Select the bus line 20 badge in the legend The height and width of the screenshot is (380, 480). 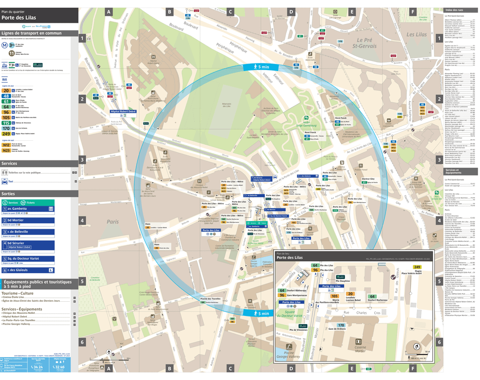click(x=6, y=90)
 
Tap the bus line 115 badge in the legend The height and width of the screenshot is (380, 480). click(x=6, y=123)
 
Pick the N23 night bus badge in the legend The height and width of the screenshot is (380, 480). click(x=6, y=150)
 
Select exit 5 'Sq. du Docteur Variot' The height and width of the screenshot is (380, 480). click(x=25, y=259)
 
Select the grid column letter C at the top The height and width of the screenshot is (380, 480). click(x=230, y=11)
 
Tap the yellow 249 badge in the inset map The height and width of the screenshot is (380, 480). click(x=417, y=267)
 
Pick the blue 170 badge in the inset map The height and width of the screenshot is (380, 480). click(x=341, y=325)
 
